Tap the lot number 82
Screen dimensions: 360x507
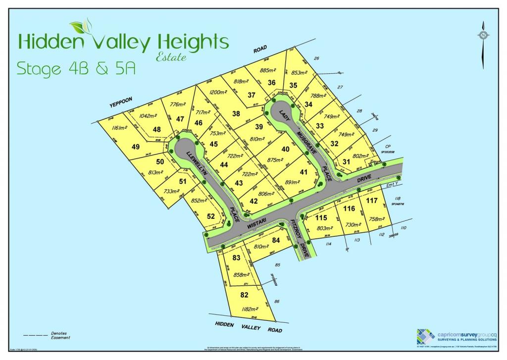[244, 295]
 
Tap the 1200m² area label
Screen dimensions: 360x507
[218, 92]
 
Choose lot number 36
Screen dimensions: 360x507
[271, 83]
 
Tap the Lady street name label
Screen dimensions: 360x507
[284, 113]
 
